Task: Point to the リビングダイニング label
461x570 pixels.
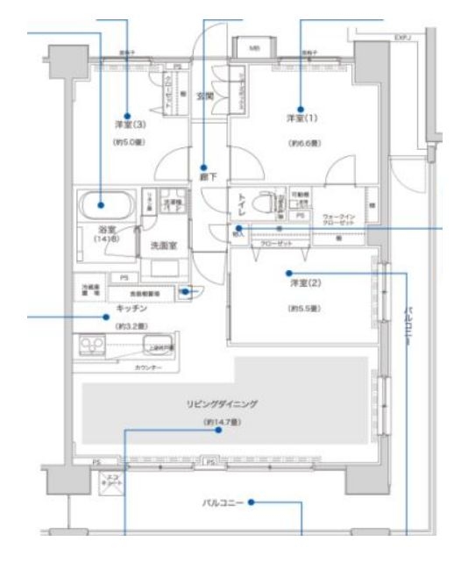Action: click(222, 406)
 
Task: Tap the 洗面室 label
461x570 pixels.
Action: click(164, 246)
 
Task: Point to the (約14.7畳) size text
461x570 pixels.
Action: click(222, 422)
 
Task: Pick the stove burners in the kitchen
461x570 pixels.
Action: click(92, 345)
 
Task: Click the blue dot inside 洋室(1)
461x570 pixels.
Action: click(301, 109)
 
